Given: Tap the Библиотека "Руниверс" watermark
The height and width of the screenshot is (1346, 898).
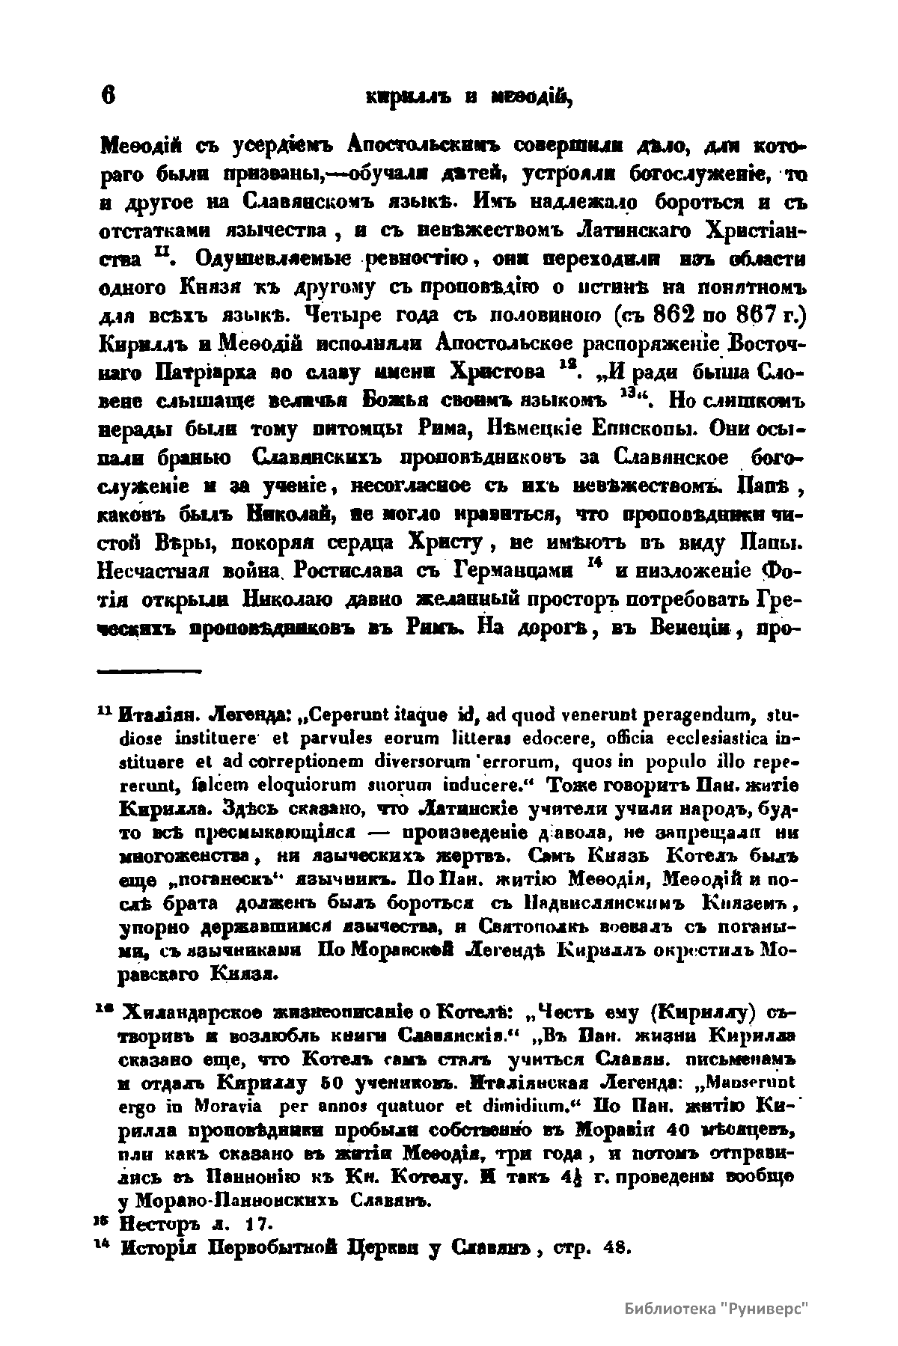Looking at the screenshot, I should [718, 1311].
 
